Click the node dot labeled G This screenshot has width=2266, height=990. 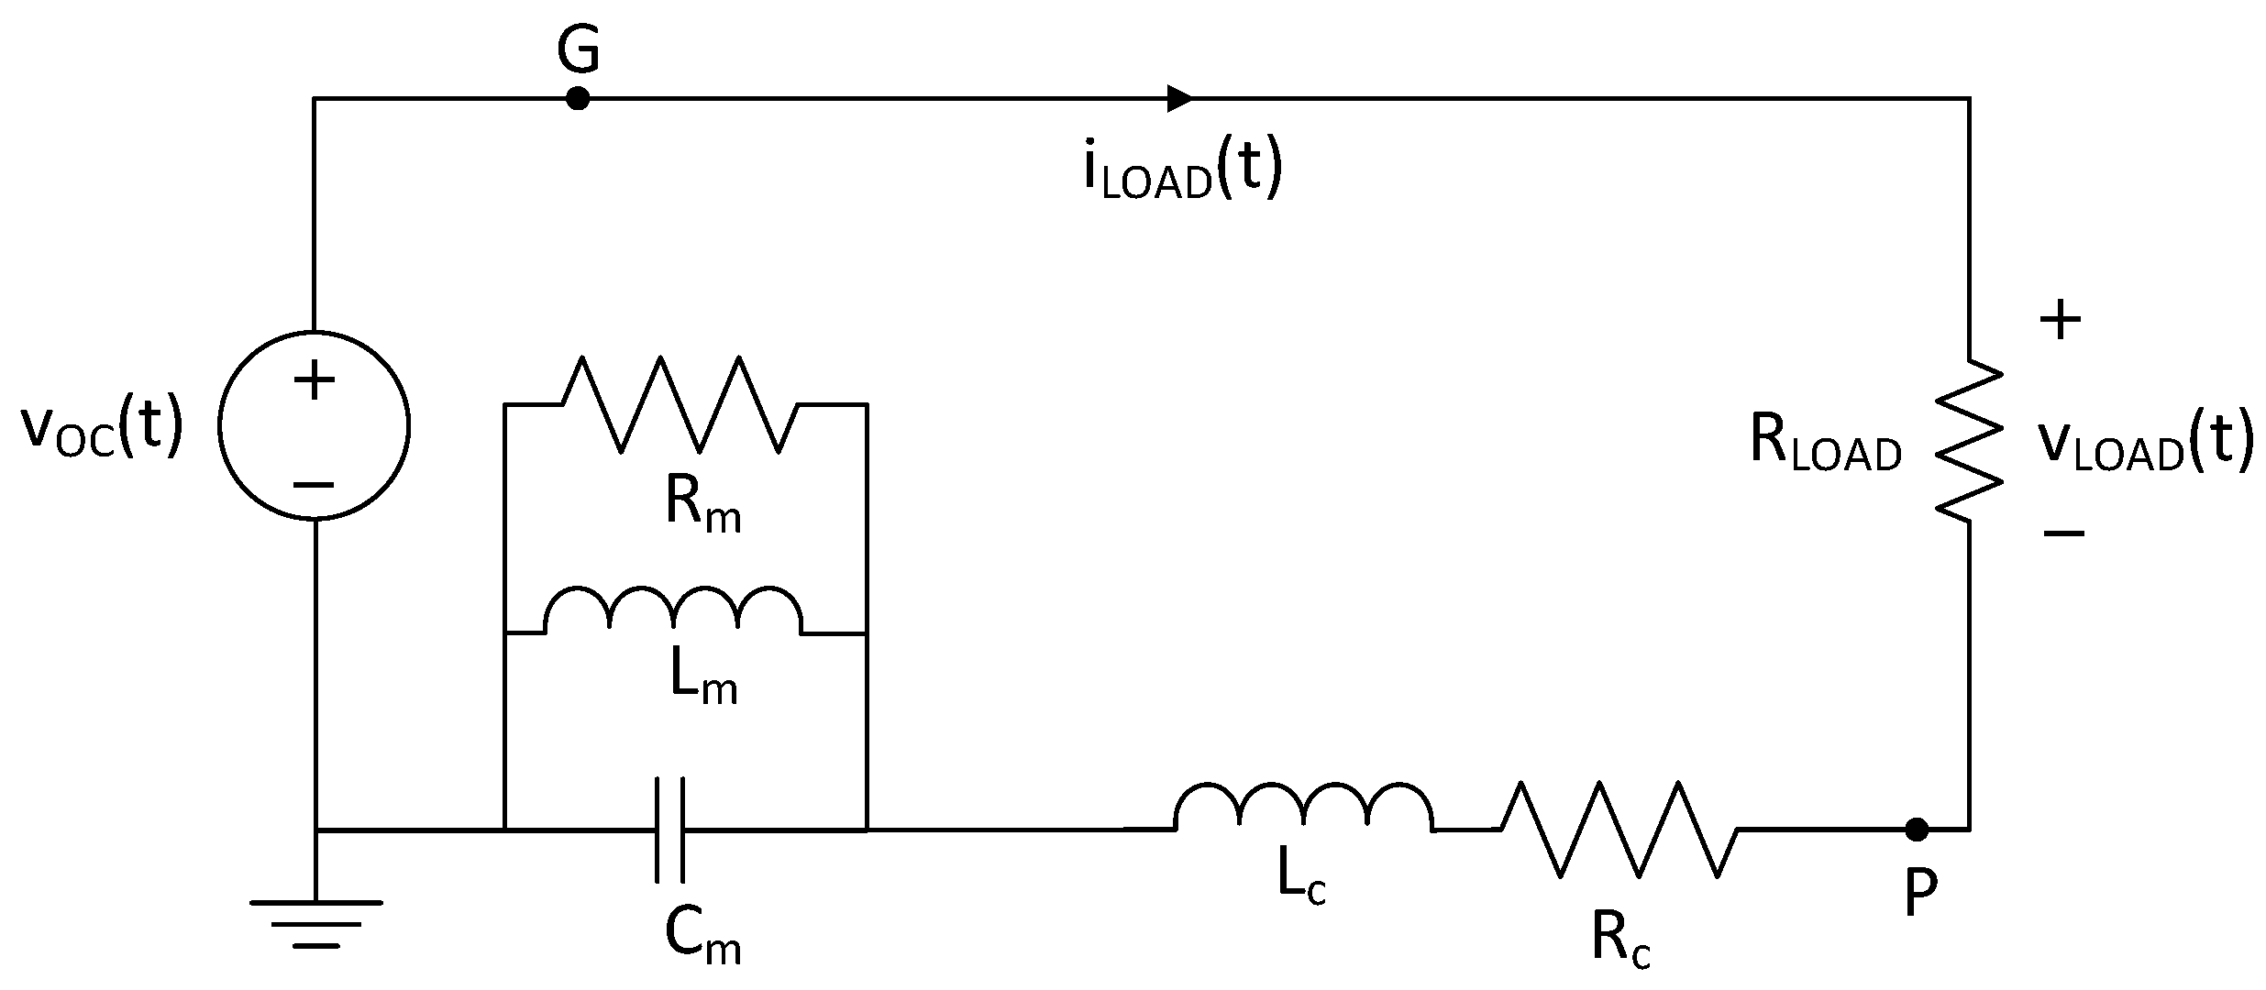(x=577, y=97)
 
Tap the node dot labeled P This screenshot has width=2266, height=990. (x=1916, y=830)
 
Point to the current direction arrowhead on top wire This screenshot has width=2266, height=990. (x=1179, y=97)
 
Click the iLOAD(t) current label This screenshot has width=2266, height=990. (x=1182, y=170)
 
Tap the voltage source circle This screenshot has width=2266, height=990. (x=314, y=426)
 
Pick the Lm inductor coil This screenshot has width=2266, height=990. (x=674, y=610)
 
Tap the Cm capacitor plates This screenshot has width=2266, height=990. (x=670, y=830)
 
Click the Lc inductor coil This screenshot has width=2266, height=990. (x=1302, y=807)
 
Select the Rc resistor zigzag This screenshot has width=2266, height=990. (x=1619, y=830)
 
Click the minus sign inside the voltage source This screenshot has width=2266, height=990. (x=314, y=486)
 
